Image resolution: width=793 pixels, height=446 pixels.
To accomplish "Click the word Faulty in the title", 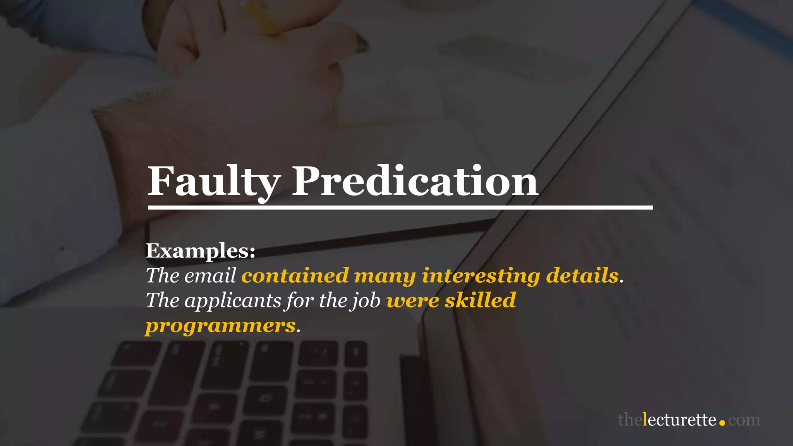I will pos(214,181).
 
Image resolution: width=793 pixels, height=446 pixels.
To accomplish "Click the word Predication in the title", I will pos(414,181).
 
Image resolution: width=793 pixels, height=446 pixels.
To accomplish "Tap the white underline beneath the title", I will pos(400,208).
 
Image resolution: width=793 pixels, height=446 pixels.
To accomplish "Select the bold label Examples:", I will pos(200,251).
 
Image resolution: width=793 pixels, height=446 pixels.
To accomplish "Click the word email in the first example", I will pos(210,276).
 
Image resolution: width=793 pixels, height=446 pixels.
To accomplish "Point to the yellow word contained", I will pos(295,276).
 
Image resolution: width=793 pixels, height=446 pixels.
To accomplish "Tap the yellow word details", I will pos(582,276).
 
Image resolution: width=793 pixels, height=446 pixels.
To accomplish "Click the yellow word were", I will pos(413,300).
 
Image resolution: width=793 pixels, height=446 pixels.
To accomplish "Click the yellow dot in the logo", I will pos(722,423).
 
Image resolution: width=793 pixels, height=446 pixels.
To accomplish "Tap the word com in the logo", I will pos(744,420).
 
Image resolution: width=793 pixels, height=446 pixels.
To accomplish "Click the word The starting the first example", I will pos(162,276).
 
